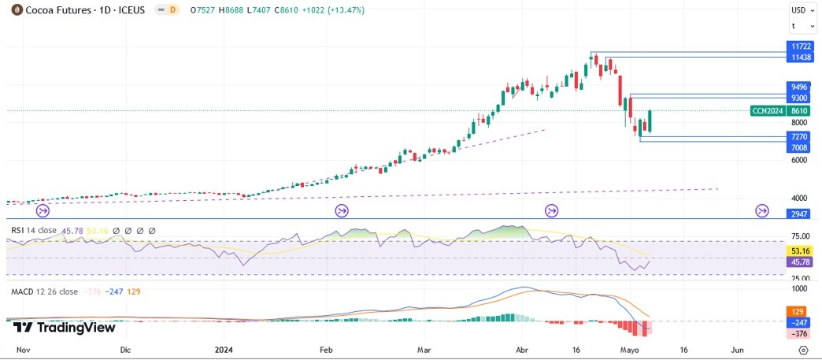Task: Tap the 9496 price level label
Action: [798, 87]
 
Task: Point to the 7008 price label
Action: [798, 147]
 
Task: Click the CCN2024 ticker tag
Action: [767, 111]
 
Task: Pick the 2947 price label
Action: [798, 213]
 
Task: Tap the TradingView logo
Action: [65, 328]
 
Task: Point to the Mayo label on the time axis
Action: [630, 348]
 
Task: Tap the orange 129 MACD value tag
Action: [798, 312]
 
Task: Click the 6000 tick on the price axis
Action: [798, 160]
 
